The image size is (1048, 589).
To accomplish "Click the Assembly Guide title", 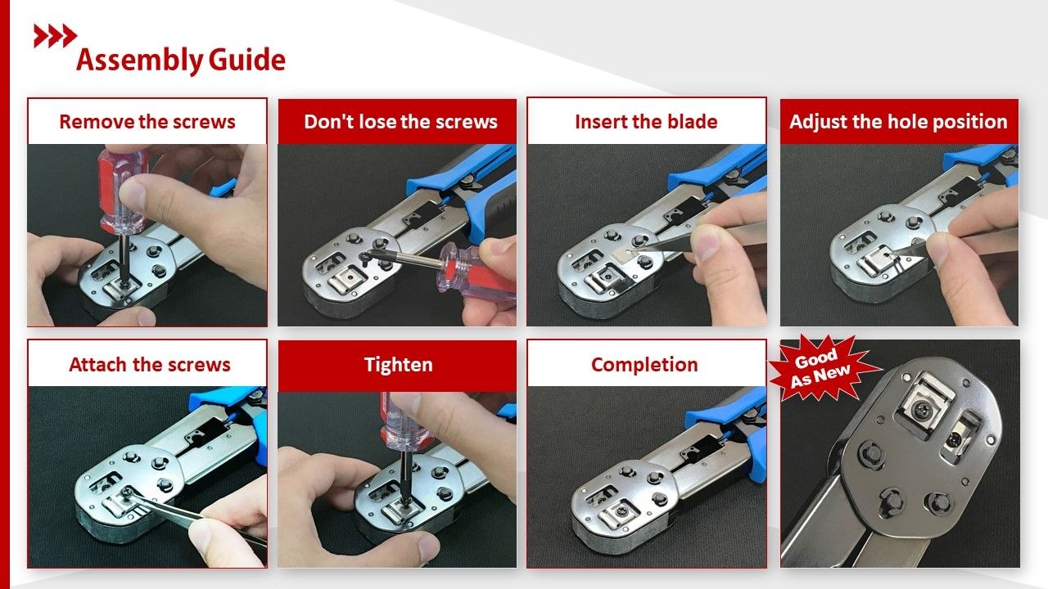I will click(x=181, y=60).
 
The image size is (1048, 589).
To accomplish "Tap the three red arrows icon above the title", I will click(x=55, y=35).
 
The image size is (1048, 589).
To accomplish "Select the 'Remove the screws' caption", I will click(x=147, y=122).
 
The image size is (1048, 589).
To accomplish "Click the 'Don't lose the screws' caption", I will click(x=400, y=122).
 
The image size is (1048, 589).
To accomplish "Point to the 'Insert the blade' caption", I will click(x=646, y=122).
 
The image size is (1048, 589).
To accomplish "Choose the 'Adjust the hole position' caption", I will click(x=898, y=122).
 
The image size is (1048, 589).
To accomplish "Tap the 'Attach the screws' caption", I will click(x=149, y=365).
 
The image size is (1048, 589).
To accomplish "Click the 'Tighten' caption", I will click(x=398, y=365).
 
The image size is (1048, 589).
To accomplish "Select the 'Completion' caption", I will click(x=644, y=365).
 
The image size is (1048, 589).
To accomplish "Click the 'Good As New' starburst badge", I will click(x=820, y=368).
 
